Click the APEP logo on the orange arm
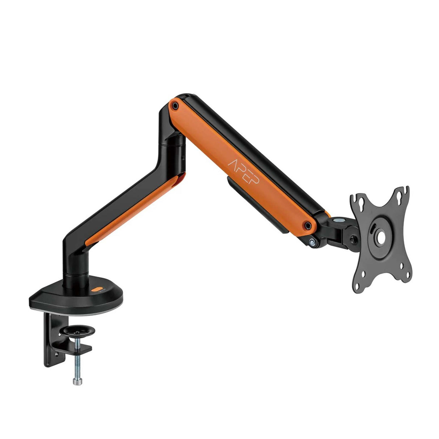pos(243,171)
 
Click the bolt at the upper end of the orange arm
pos(175,106)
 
